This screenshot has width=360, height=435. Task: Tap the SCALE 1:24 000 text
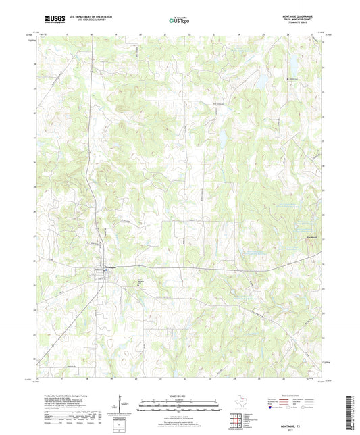180,395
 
